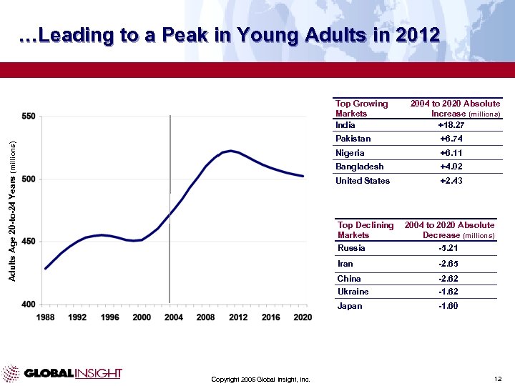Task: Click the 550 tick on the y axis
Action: tap(29, 116)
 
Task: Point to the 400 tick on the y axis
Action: tap(29, 305)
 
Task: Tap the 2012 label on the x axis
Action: tap(237, 317)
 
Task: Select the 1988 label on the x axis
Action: tap(46, 317)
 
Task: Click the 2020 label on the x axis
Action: tap(303, 317)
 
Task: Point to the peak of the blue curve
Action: tap(230, 151)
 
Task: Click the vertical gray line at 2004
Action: tap(170, 214)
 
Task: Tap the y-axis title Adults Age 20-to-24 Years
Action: tap(12, 199)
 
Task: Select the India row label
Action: tap(345, 124)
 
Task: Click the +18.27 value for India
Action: tap(451, 124)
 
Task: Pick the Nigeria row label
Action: tap(350, 153)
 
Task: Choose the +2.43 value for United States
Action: tap(451, 181)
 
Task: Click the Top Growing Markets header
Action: tap(361, 109)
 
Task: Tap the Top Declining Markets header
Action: tap(366, 230)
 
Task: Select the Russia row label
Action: tap(351, 248)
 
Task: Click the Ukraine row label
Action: tap(353, 292)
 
